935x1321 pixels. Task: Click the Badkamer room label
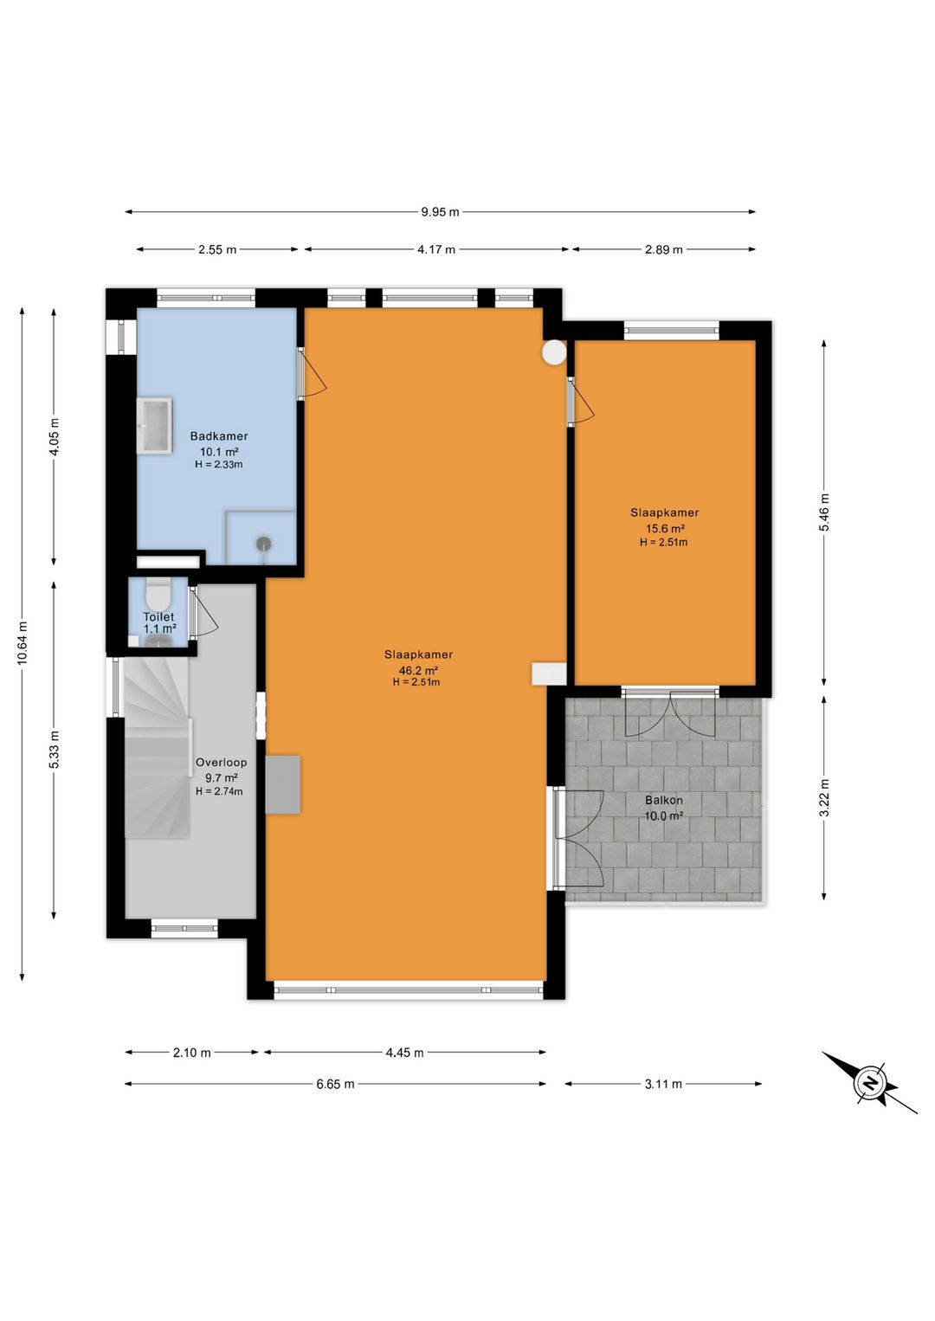click(218, 436)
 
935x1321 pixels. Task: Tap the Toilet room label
click(158, 617)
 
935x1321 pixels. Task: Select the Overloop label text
click(222, 763)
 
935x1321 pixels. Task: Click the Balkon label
click(664, 800)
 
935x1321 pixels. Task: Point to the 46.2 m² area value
click(418, 671)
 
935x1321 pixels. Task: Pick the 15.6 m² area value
click(665, 529)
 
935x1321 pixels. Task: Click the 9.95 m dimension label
click(440, 212)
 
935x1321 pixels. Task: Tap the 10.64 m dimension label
click(23, 643)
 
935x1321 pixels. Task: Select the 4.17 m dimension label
click(436, 249)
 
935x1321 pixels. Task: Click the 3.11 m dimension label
click(663, 1084)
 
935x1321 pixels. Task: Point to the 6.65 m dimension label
click(336, 1084)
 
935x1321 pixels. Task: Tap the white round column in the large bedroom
click(554, 352)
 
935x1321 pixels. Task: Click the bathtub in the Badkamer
click(155, 425)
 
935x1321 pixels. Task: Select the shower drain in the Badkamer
click(264, 543)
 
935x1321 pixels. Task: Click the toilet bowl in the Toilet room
click(158, 596)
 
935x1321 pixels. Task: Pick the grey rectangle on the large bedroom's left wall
click(282, 784)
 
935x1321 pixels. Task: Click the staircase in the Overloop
click(158, 748)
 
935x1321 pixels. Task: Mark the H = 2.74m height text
click(219, 791)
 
